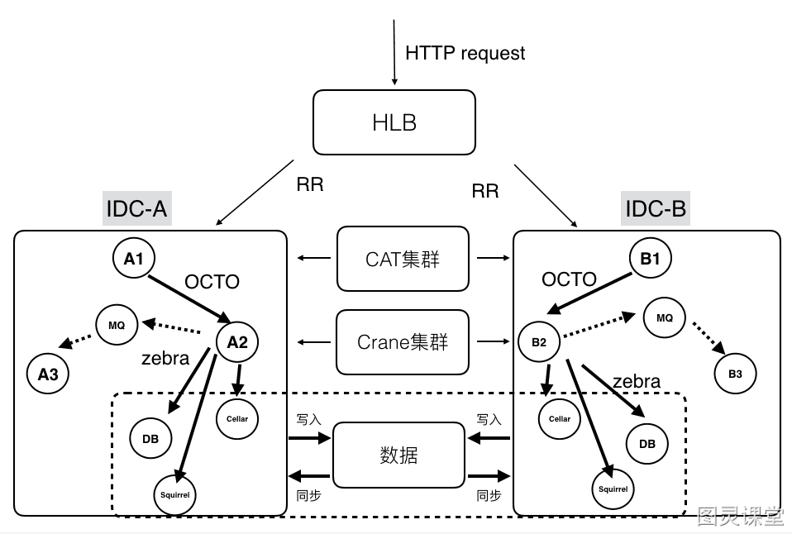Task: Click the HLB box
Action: click(394, 122)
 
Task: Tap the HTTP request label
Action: click(465, 53)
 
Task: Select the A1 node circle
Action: click(133, 258)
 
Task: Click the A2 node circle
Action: click(237, 342)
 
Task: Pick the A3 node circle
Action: click(47, 374)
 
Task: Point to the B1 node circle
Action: click(651, 258)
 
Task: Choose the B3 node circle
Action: click(735, 374)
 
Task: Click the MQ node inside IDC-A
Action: click(117, 325)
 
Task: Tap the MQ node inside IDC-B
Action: click(664, 317)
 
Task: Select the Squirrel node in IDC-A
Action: click(174, 495)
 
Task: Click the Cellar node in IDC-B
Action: click(560, 419)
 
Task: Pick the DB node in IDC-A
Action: click(150, 438)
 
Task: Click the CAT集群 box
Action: click(403, 259)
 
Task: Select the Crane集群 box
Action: click(403, 342)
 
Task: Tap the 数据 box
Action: click(398, 455)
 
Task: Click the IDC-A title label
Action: click(137, 208)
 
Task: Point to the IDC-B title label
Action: click(656, 208)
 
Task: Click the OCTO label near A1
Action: click(212, 281)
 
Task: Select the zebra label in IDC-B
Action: click(637, 381)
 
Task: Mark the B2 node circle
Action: click(539, 342)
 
